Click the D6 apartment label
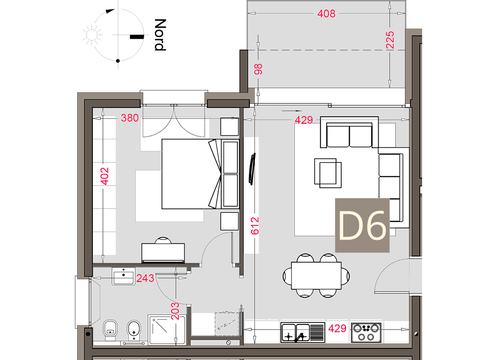click(362, 225)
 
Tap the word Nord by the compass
click(160, 35)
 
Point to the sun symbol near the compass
click(92, 35)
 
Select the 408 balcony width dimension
click(327, 13)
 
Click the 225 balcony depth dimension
click(390, 40)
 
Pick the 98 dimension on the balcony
click(258, 69)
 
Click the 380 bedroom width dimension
click(130, 118)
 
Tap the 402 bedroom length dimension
click(104, 176)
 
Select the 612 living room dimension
click(255, 226)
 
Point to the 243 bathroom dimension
click(145, 278)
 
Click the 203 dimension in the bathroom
click(175, 311)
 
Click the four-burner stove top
click(366, 332)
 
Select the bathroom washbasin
click(123, 276)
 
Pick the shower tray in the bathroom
click(167, 330)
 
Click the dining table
click(316, 276)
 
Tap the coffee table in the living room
click(328, 173)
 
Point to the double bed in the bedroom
click(191, 174)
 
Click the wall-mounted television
click(252, 169)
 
